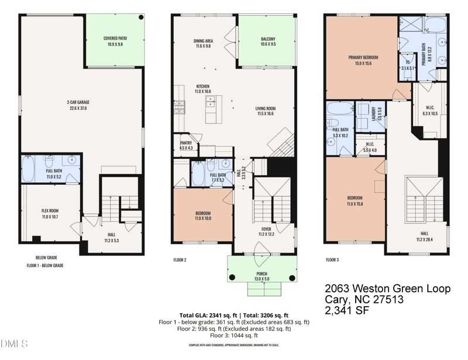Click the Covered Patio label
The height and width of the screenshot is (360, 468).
tap(115, 41)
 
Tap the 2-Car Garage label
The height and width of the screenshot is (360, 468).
tap(78, 105)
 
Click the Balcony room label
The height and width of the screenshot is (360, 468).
tap(268, 41)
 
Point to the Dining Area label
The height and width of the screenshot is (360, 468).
tap(203, 43)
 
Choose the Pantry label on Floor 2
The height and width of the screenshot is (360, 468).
tap(186, 146)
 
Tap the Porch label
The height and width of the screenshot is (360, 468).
tap(261, 276)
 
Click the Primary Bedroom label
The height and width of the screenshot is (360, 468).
tap(363, 60)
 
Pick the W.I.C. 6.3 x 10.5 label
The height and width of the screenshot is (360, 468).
tap(430, 110)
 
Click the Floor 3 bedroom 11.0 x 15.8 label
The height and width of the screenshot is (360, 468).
tap(355, 200)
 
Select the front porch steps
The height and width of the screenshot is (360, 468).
tap(261, 289)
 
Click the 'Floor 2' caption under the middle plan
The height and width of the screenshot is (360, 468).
tap(180, 259)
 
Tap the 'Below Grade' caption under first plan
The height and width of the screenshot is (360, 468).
tap(46, 257)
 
